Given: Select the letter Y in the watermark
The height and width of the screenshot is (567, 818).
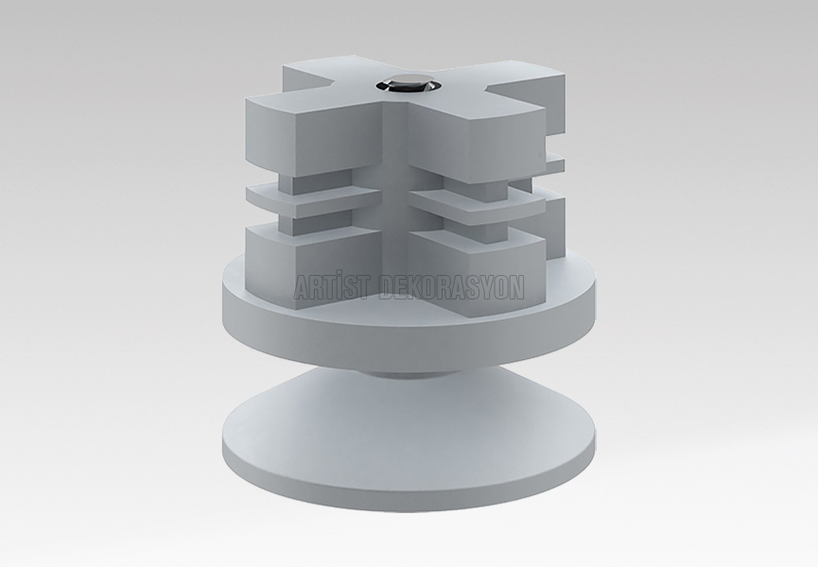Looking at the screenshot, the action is (x=486, y=289).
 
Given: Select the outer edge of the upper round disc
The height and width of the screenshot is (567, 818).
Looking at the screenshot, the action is (x=408, y=328).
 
